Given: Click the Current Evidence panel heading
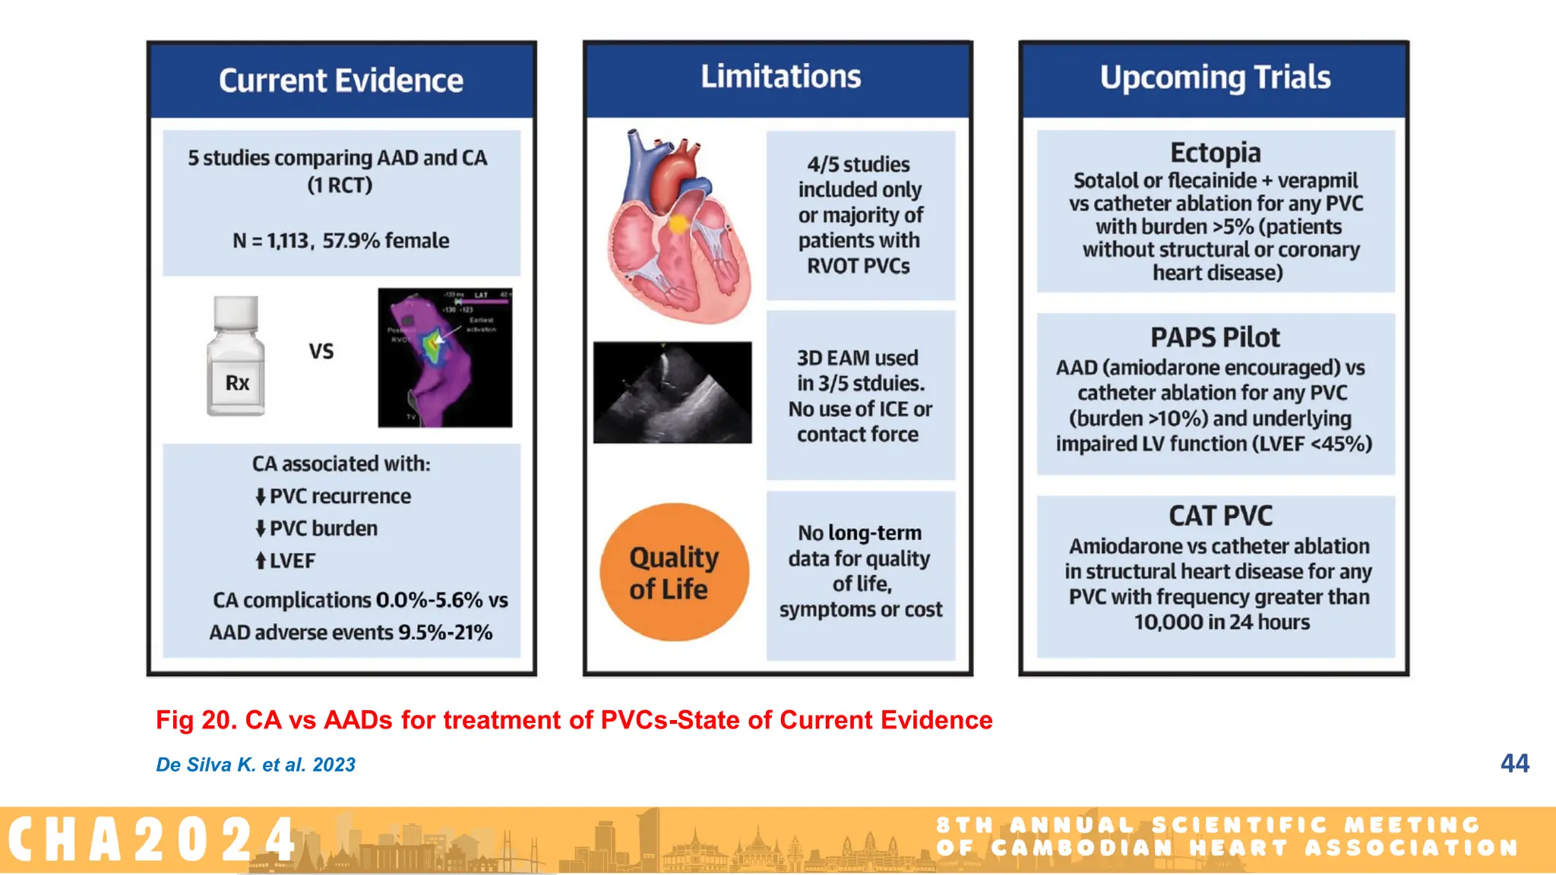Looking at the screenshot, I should (341, 81).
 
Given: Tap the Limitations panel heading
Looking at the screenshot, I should (780, 77).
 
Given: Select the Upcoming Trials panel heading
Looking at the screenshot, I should (1215, 77).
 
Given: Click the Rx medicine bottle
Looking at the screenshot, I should (236, 356).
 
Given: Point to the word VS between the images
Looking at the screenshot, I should (321, 351).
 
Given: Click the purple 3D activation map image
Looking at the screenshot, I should (445, 357).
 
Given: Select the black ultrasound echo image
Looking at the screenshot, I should (672, 392).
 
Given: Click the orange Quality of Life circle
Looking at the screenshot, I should (674, 573).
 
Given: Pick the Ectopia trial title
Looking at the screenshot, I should (1215, 153).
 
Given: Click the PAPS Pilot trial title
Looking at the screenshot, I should (1215, 337).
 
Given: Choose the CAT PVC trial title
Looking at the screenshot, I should (1220, 516).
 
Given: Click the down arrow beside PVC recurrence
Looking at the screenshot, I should (261, 497).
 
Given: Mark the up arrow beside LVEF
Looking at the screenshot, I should (261, 561).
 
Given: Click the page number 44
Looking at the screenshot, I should (1514, 763).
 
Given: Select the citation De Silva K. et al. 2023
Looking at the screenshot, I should (255, 765).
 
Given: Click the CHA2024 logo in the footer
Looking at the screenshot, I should (152, 840).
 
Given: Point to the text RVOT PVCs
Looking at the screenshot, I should (858, 266).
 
